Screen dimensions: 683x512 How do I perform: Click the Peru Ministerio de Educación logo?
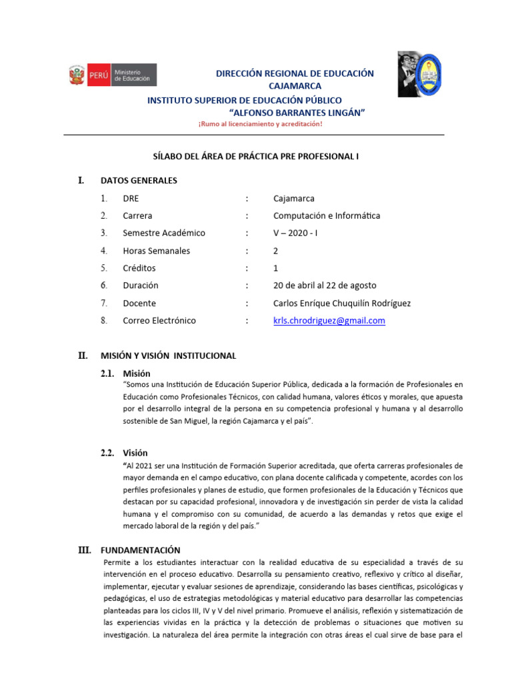(x=112, y=75)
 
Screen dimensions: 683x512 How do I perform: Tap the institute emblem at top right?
(x=419, y=75)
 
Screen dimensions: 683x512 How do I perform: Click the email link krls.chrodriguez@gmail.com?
(x=329, y=320)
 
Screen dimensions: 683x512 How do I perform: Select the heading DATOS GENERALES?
(x=139, y=180)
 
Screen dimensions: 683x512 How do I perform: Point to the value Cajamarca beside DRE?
(x=293, y=198)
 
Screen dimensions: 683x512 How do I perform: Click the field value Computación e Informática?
(x=327, y=215)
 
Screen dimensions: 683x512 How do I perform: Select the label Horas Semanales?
(x=156, y=251)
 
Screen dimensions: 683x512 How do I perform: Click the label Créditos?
(x=139, y=267)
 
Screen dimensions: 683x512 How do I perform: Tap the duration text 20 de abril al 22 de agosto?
(x=325, y=285)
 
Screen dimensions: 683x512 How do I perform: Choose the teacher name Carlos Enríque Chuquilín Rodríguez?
(x=342, y=303)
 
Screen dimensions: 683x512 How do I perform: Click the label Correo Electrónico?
(x=159, y=320)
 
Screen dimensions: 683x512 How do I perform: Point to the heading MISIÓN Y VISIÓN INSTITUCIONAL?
(x=168, y=356)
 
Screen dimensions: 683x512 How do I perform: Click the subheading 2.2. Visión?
(x=124, y=453)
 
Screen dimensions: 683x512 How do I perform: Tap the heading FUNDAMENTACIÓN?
(x=140, y=550)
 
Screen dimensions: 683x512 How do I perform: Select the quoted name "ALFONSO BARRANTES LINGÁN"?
(x=297, y=112)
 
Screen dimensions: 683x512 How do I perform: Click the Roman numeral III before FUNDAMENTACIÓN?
(x=85, y=550)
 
